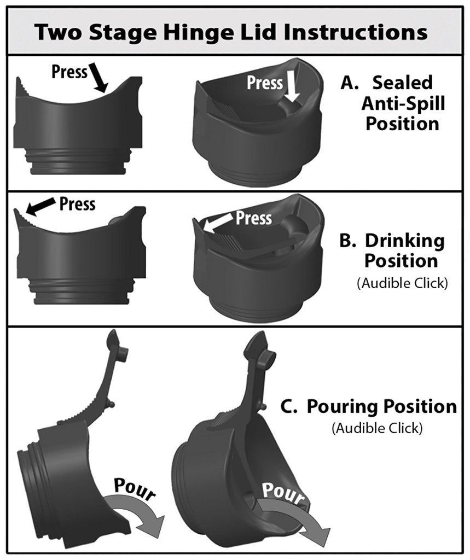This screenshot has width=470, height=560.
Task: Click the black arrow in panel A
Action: (98, 77)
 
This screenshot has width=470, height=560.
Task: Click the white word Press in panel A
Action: (265, 83)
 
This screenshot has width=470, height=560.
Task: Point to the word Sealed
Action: (403, 83)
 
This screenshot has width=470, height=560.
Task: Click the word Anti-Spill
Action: (403, 103)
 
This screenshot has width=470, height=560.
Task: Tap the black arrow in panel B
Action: (40, 207)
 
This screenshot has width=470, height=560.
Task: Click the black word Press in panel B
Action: (77, 205)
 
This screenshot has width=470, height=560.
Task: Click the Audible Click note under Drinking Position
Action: (402, 283)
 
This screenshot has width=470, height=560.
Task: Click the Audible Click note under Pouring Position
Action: (377, 428)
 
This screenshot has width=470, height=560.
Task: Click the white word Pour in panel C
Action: (283, 494)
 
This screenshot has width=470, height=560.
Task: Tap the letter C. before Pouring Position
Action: (289, 406)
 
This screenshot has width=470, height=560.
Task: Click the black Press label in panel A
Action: (69, 72)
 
